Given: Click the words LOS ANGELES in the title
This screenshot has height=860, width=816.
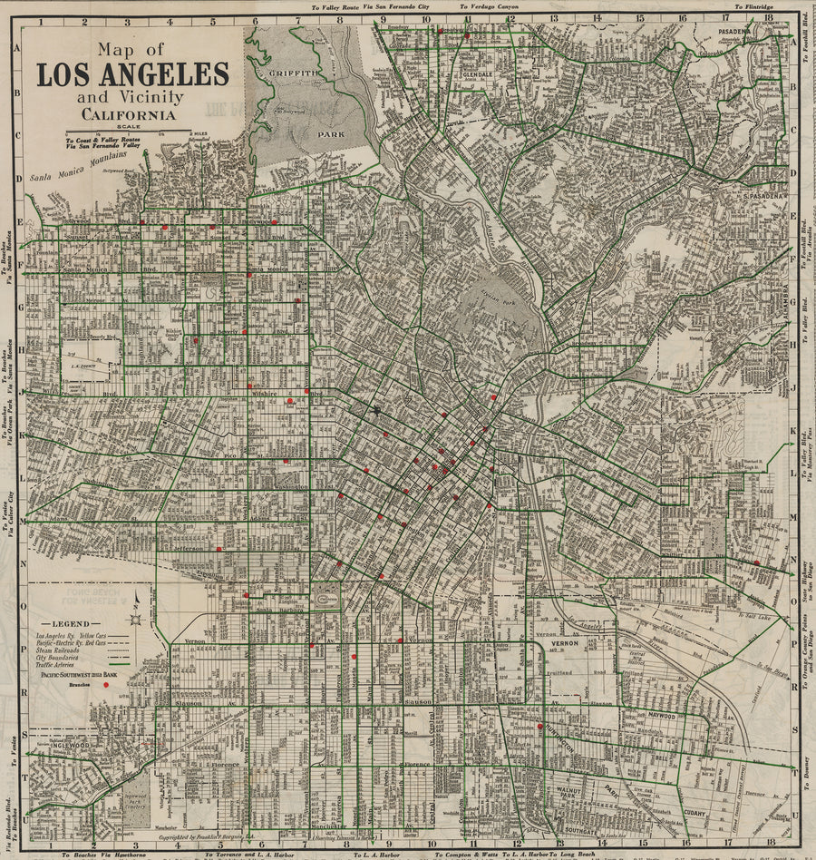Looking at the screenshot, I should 132,74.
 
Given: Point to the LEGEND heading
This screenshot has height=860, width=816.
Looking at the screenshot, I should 71,624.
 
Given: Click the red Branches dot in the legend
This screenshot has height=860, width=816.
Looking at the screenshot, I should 106,686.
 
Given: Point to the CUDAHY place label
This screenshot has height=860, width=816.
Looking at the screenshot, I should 696,813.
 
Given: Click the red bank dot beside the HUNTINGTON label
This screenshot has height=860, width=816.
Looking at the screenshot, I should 539,726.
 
